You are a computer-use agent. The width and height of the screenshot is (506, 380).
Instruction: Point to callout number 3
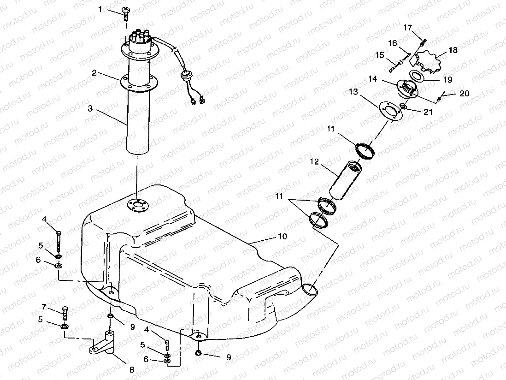click(x=90, y=109)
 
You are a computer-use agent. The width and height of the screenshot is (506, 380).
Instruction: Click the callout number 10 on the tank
click(x=282, y=236)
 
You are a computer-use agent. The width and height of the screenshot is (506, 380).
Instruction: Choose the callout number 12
click(x=315, y=162)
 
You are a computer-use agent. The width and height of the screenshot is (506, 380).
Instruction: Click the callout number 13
click(x=353, y=92)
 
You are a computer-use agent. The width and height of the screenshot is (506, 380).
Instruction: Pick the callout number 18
click(x=453, y=50)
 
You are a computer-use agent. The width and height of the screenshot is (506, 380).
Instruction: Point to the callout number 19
click(x=447, y=79)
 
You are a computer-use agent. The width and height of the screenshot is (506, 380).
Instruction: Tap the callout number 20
click(x=464, y=93)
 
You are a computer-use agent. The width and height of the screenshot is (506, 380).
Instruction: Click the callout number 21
click(x=428, y=112)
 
